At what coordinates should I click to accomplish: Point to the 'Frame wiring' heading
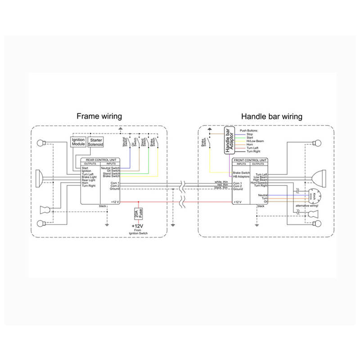99,117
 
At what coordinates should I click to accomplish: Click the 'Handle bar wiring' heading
271,117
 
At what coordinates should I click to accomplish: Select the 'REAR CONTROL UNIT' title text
100,160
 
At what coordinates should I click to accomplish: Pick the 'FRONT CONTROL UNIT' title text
250,160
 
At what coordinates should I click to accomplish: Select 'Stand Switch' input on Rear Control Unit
111,174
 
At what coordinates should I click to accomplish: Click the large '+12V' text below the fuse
138,225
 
